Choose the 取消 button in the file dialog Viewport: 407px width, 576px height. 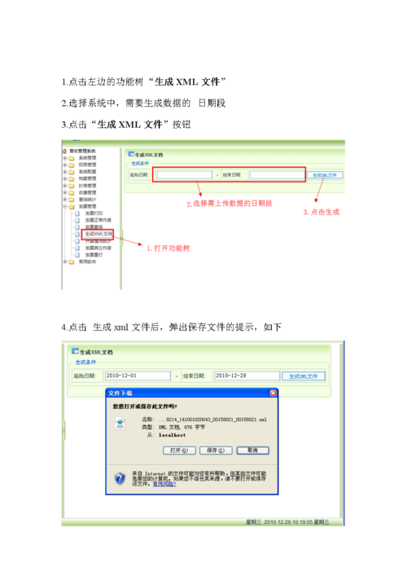[252, 450]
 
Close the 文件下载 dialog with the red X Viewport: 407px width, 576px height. [272, 394]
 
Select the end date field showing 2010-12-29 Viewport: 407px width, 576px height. [246, 376]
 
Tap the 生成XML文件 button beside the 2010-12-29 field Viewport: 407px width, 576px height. [304, 376]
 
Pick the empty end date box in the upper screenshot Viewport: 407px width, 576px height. [276, 174]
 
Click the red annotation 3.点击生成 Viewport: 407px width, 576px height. [321, 211]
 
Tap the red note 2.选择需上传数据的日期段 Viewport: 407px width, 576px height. [230, 203]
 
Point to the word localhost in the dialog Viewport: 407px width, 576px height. [160, 436]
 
